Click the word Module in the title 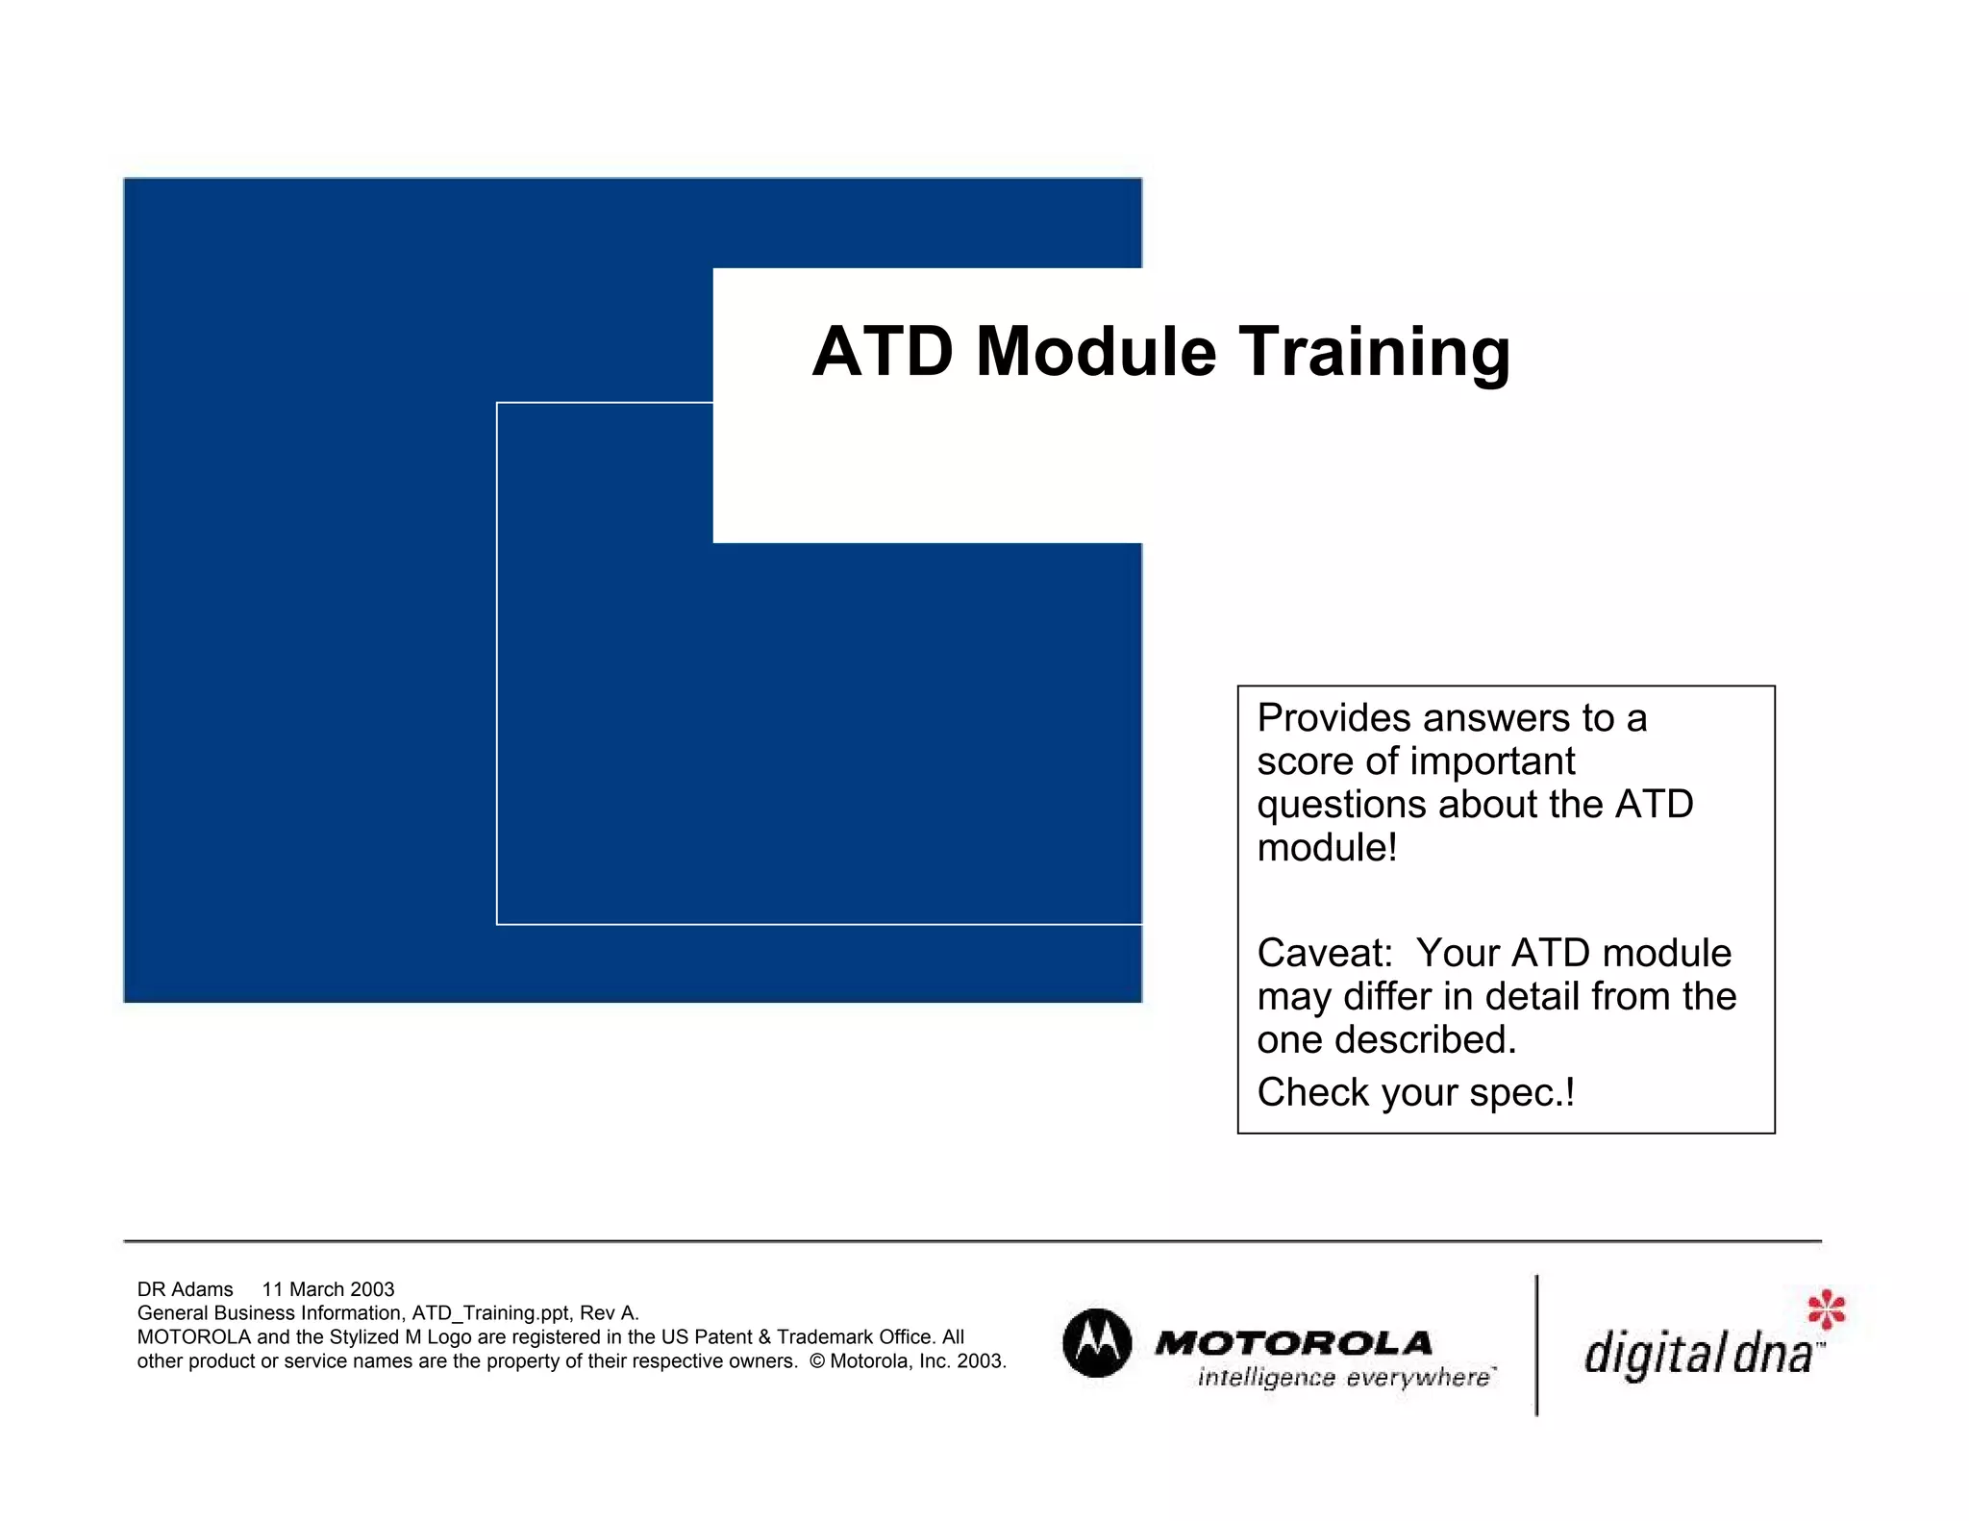1095,352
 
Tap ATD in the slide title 883,352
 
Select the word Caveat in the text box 1324,954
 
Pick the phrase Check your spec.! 1415,1093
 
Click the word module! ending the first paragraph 1327,848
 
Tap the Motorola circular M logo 1097,1343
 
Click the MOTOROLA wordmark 1293,1343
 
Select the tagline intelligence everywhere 1345,1378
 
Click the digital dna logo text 1697,1354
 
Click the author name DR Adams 185,1289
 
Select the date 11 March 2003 328,1289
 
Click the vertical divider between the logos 1536,1345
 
